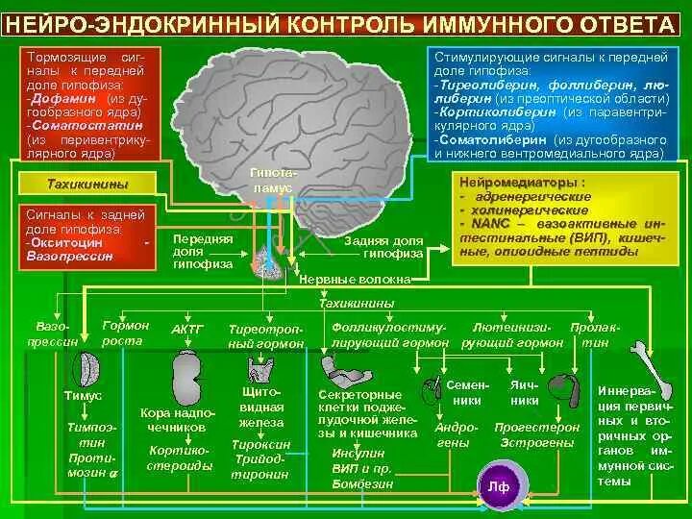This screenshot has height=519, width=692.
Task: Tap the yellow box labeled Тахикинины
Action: tap(86, 184)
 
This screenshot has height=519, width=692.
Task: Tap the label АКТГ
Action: tap(187, 329)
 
